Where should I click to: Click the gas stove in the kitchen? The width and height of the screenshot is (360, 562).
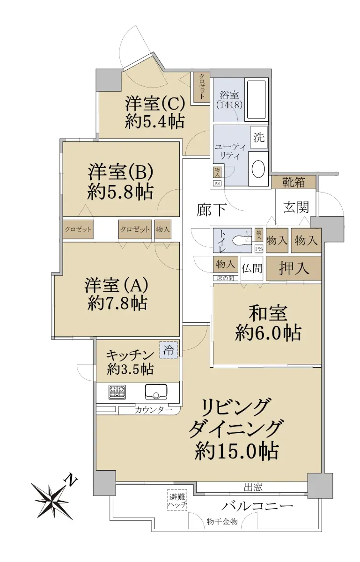click(x=117, y=392)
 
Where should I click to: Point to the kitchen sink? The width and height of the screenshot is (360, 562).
click(x=156, y=392)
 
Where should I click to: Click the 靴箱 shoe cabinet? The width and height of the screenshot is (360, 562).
click(x=294, y=182)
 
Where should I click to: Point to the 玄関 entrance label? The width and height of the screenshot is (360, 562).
click(x=296, y=207)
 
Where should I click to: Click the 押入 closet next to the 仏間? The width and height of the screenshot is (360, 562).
click(x=294, y=268)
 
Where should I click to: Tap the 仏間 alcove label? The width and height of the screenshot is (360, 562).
click(x=252, y=268)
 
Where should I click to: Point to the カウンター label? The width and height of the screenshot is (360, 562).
click(x=153, y=410)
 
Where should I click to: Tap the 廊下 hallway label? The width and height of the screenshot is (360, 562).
click(x=212, y=210)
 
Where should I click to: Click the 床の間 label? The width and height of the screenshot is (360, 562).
click(x=225, y=278)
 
